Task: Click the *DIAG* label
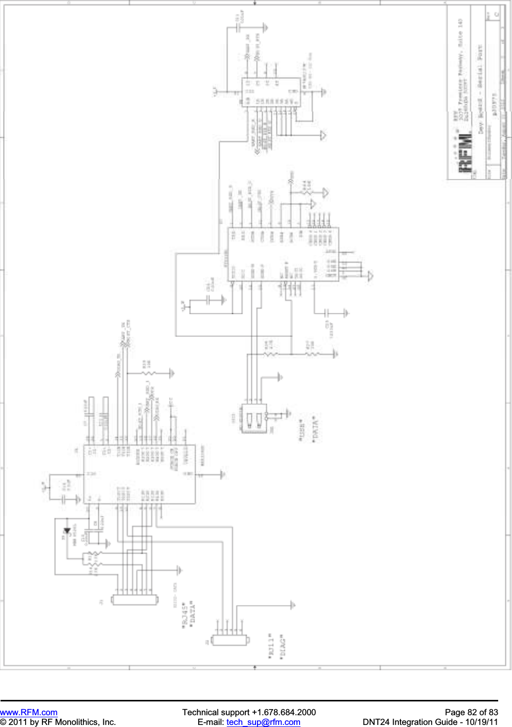click(282, 647)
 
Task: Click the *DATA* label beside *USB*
click(315, 430)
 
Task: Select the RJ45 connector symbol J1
click(134, 600)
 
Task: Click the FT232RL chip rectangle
click(283, 254)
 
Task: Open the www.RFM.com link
click(29, 712)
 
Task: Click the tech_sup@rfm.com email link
click(263, 722)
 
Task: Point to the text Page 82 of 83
click(471, 712)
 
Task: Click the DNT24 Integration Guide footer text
click(430, 722)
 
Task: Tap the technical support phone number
click(249, 712)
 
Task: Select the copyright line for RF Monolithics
click(58, 722)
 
